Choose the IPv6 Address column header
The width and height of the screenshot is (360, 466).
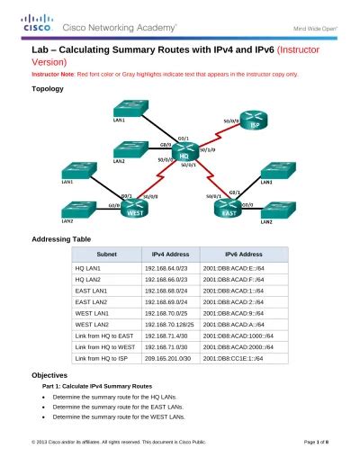238,255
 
